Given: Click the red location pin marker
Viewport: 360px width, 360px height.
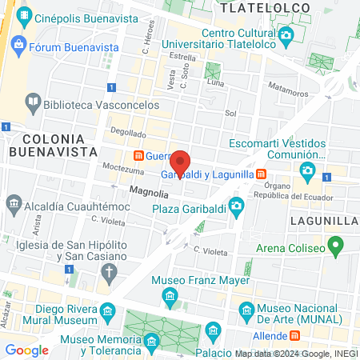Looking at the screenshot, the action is (x=181, y=165).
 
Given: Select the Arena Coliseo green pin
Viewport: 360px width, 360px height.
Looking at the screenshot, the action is (x=337, y=245).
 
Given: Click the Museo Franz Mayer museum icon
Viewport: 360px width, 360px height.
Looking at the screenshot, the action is (x=170, y=298).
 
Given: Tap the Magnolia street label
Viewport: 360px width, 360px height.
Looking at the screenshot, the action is (x=149, y=193).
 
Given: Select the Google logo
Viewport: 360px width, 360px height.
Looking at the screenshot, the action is (x=26, y=350).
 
